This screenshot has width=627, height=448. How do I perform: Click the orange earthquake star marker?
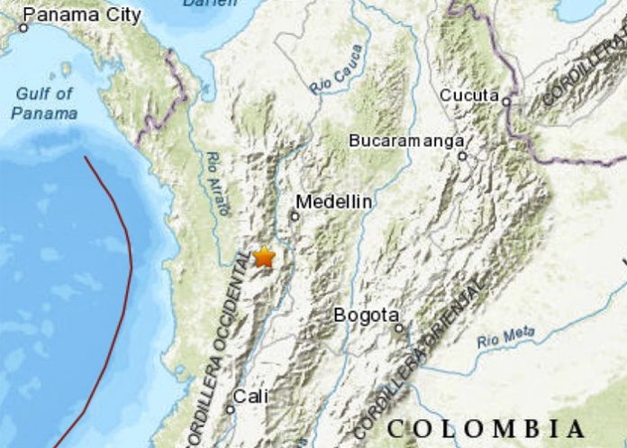(x=264, y=257)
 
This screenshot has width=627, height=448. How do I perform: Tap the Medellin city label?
(x=333, y=202)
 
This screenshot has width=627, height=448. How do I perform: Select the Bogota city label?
(x=366, y=315)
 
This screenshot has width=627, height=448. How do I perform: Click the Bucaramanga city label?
(x=407, y=141)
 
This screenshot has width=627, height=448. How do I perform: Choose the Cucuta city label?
(x=469, y=95)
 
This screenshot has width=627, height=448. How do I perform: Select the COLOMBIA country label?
(x=487, y=427)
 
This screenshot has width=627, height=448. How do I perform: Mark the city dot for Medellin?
(x=294, y=216)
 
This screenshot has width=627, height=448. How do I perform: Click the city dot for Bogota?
(x=398, y=328)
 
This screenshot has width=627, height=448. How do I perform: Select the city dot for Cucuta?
(x=507, y=101)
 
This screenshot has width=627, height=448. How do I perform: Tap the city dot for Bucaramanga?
(x=462, y=156)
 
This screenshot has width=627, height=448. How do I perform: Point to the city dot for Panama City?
(x=23, y=28)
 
